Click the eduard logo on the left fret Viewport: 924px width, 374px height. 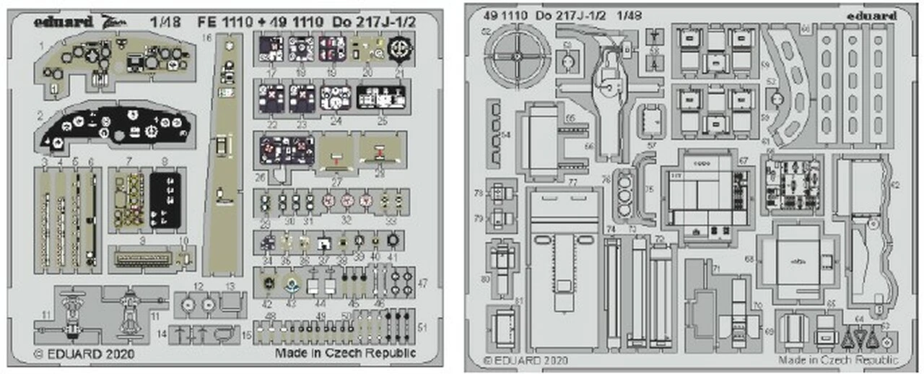pos(63,22)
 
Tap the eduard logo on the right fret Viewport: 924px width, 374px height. pos(874,16)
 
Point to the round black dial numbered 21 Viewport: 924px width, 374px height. pos(398,48)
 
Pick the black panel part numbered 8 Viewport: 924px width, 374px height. pos(165,200)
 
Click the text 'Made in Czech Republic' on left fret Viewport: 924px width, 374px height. pos(345,353)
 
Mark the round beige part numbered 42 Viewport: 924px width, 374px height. pos(269,284)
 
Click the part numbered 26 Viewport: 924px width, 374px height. pos(286,150)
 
